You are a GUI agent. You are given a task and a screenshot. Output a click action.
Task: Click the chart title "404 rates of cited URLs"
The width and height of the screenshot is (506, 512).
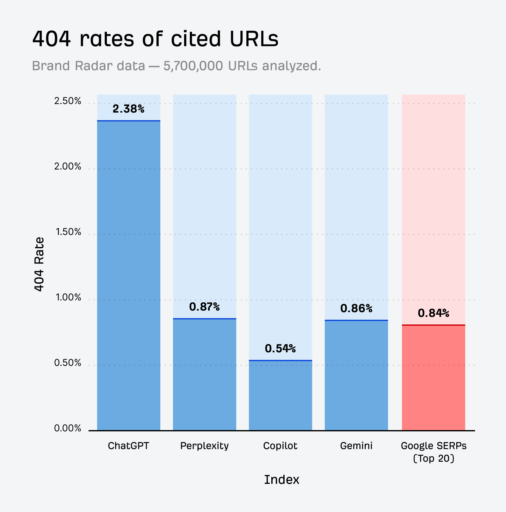[x=155, y=39]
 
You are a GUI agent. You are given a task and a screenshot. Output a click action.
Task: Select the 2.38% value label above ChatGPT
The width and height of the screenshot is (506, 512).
[x=128, y=109]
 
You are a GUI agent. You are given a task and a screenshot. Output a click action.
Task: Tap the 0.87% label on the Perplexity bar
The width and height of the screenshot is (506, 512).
[x=204, y=307]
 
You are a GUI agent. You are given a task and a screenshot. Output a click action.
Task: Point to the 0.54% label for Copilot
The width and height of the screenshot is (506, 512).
[x=280, y=349]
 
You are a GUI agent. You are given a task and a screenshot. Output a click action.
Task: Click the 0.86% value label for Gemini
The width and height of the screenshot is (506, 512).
[x=356, y=309]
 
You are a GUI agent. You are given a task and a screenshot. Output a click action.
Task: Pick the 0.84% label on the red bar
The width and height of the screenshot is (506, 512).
[x=433, y=313]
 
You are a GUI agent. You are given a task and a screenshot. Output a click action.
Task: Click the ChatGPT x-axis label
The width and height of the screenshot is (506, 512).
[x=128, y=446]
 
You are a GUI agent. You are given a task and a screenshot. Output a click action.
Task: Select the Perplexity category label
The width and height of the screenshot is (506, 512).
[x=204, y=446]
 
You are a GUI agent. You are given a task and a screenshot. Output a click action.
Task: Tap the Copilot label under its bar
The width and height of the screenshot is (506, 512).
[x=280, y=446]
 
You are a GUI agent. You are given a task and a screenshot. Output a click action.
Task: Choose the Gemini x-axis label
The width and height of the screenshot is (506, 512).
[x=356, y=446]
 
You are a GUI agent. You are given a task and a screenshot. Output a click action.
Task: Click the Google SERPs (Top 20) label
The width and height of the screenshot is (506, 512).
[x=434, y=452]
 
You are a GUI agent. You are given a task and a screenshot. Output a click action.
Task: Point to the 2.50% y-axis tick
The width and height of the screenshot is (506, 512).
[x=68, y=101]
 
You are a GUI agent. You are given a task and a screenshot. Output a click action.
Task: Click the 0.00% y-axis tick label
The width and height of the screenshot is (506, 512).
[x=68, y=429]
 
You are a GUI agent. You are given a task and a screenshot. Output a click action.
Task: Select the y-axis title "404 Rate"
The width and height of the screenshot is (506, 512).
[x=39, y=264]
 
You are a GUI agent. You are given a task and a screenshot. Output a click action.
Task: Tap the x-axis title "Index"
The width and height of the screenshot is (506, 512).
[x=281, y=480]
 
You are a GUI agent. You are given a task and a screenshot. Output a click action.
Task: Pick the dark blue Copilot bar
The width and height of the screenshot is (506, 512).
[x=280, y=395]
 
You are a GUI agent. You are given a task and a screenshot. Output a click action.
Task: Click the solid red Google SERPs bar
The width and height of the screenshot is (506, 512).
[x=433, y=378]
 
